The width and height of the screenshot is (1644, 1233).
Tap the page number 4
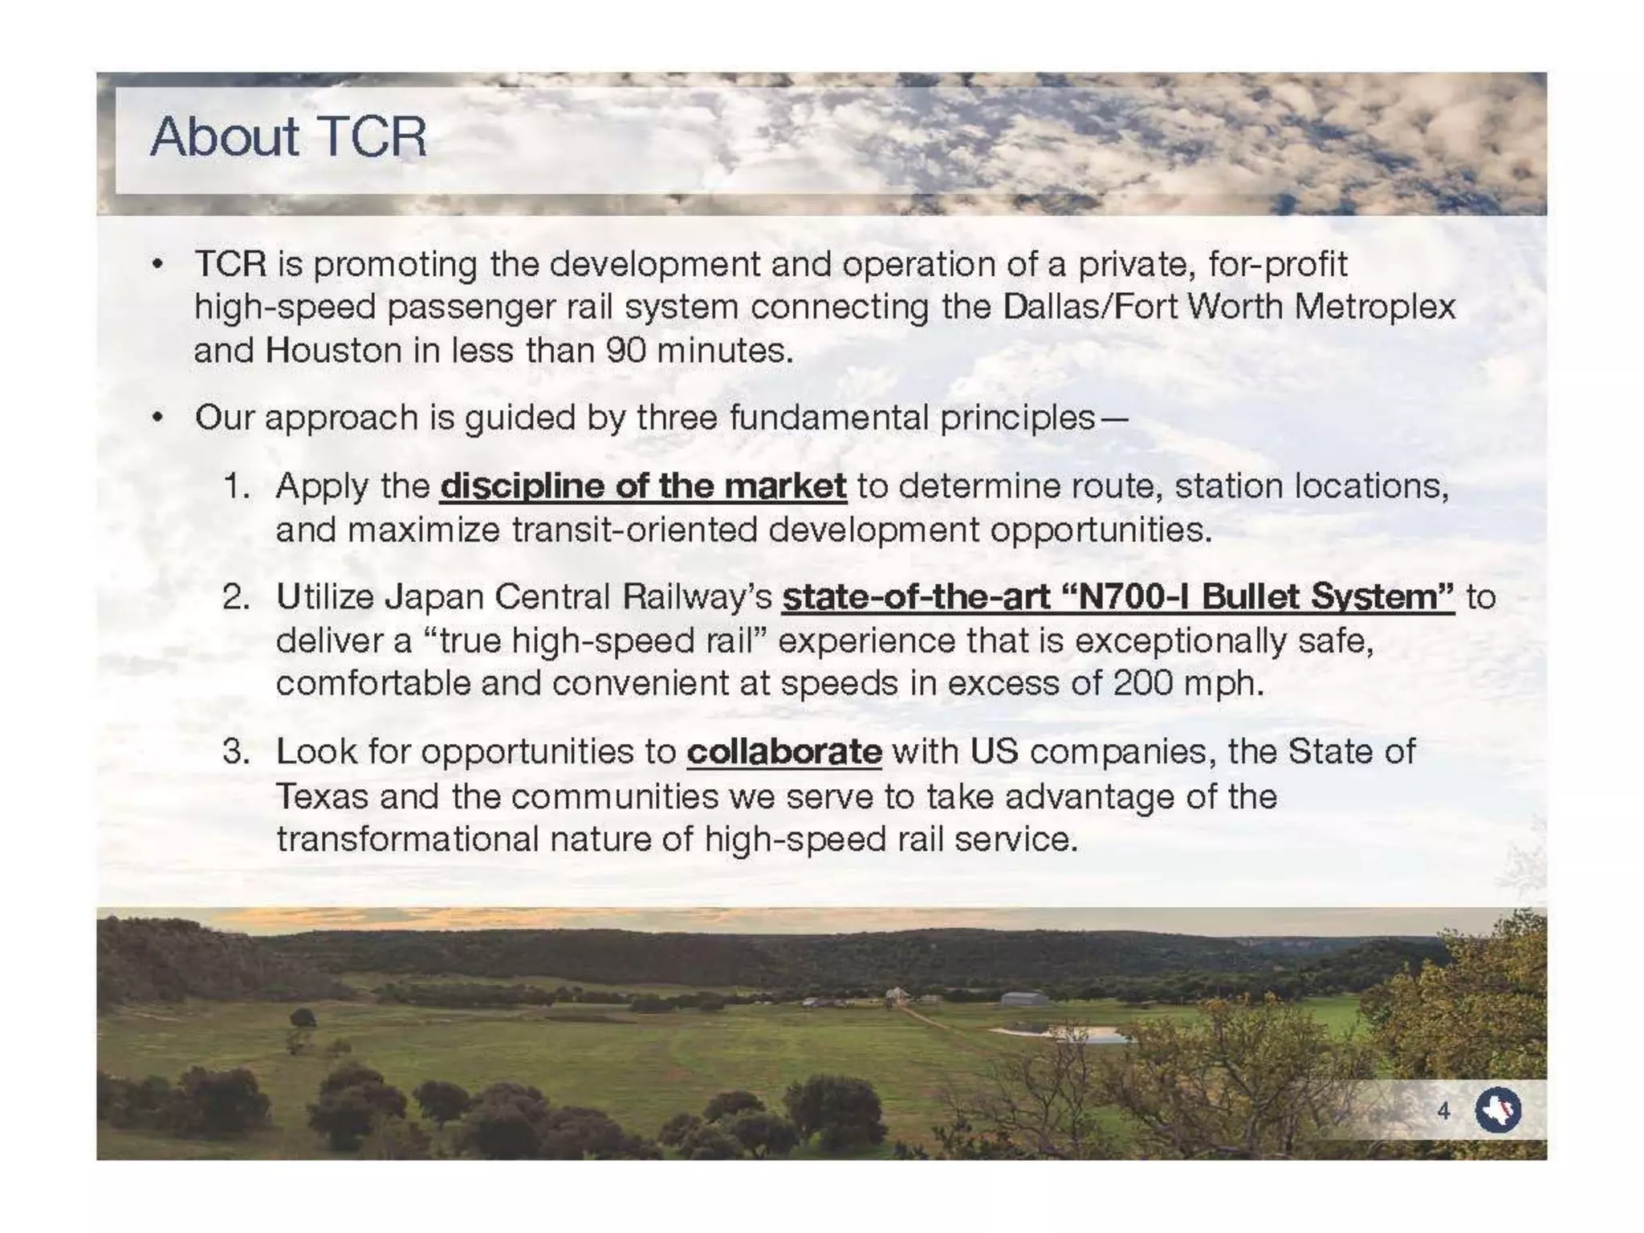point(1443,1111)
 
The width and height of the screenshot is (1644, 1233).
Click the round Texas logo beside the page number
point(1498,1110)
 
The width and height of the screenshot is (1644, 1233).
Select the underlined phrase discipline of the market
point(643,486)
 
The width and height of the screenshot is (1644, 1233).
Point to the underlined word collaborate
point(784,752)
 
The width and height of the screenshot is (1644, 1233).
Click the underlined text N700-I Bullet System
point(1117,597)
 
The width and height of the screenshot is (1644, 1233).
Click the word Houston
point(333,351)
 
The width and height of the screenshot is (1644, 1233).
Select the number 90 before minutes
point(626,351)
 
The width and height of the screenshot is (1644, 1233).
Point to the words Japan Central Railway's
point(577,597)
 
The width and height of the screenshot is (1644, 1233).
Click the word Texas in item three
point(322,797)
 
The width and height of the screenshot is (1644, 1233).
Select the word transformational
point(408,840)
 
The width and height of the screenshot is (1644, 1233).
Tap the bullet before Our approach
point(158,418)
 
